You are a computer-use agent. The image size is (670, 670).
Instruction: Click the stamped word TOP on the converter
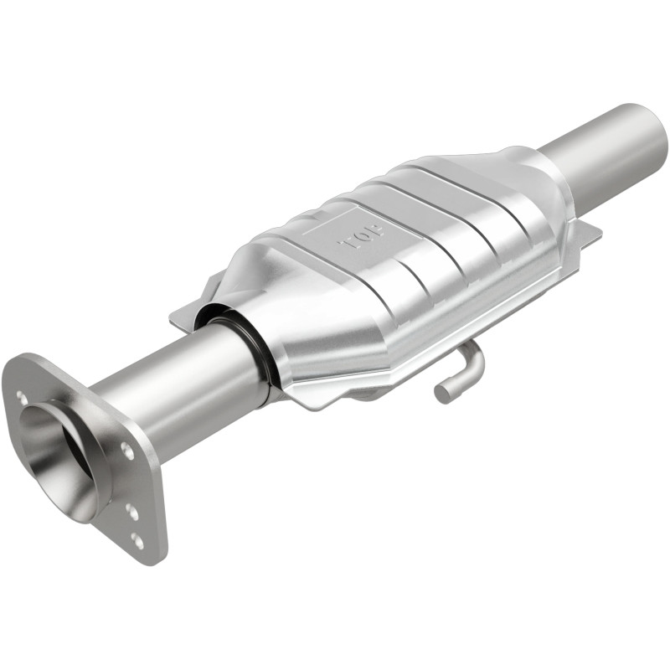361,238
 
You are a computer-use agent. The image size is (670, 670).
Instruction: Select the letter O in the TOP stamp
362,238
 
